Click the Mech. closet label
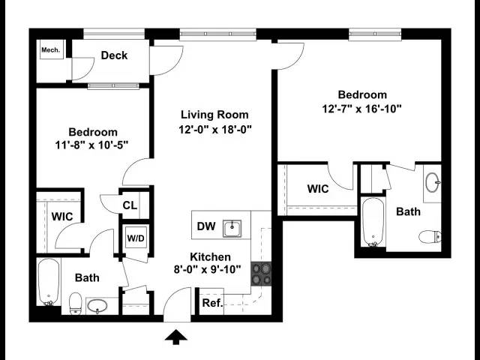(50, 50)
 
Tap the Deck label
(114, 55)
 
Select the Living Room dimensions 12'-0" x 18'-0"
(214, 129)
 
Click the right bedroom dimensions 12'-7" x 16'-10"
(362, 109)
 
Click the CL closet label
(129, 205)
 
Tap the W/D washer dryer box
(136, 239)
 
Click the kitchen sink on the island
(235, 226)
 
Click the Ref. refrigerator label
(211, 304)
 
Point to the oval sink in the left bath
(98, 306)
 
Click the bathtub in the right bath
(373, 222)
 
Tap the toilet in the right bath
(429, 238)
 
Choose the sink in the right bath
(433, 182)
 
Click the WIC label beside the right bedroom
(318, 189)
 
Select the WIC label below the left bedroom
(61, 216)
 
